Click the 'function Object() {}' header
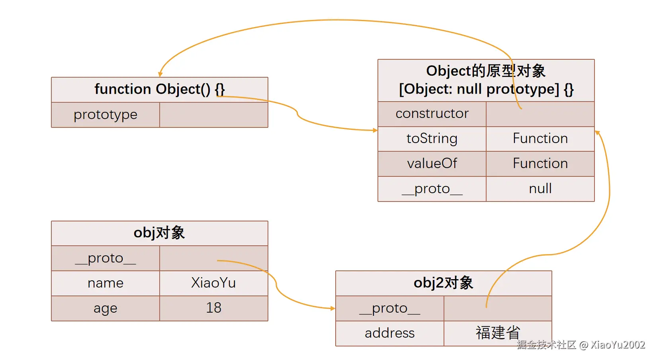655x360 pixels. [159, 89]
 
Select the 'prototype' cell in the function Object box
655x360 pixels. [106, 115]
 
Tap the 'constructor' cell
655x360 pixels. [432, 113]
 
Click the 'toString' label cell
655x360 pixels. [432, 139]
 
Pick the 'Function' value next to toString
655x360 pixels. [540, 139]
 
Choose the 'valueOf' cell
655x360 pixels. [432, 164]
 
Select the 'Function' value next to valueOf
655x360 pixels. [540, 164]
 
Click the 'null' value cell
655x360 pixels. [540, 189]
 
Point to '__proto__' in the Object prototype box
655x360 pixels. [432, 189]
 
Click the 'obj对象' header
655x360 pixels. [159, 233]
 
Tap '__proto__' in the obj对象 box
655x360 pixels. [106, 258]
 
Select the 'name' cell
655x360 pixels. [106, 283]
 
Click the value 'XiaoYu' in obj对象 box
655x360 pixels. [213, 283]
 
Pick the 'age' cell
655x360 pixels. [106, 308]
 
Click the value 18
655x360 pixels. [213, 308]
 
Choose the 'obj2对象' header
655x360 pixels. [443, 283]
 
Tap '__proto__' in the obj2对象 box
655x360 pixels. [390, 308]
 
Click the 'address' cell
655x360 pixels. [390, 333]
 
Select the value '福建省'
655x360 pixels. [498, 333]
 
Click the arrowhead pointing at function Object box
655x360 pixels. [160, 74]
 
